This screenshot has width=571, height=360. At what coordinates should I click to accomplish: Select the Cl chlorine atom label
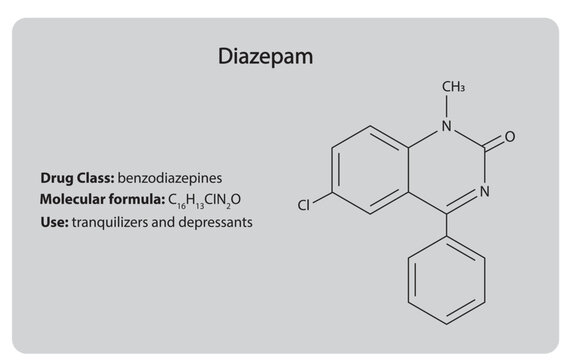pyautogui.click(x=305, y=206)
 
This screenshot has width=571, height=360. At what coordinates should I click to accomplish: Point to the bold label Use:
pyautogui.click(x=53, y=221)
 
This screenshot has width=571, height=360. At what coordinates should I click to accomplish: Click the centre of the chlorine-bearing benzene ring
pyautogui.click(x=371, y=169)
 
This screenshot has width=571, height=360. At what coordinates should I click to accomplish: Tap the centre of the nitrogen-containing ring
pyautogui.click(x=446, y=169)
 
